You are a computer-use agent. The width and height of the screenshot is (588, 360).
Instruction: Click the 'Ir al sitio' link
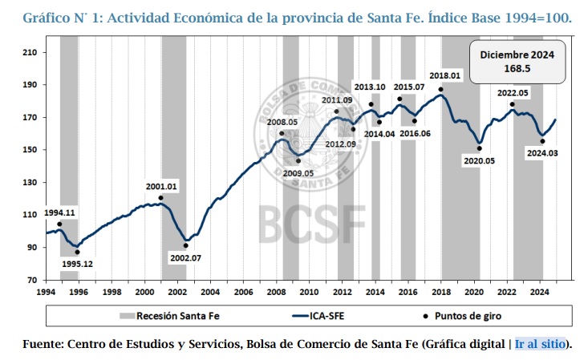[541, 345]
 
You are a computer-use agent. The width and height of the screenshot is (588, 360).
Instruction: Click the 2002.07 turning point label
[185, 257]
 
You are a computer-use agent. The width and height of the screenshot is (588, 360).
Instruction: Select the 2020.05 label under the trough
[480, 160]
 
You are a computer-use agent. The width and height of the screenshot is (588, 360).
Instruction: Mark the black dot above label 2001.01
[160, 198]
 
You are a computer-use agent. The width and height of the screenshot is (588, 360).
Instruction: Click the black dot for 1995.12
[77, 252]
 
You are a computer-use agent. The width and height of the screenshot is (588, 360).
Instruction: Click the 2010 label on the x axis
[310, 292]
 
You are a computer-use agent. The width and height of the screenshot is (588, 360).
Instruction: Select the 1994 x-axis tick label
[46, 292]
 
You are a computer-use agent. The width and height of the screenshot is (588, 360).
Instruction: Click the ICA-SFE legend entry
[327, 317]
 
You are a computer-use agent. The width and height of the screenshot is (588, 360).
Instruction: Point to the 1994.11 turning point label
[59, 212]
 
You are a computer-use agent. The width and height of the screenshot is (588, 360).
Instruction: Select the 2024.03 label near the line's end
[544, 152]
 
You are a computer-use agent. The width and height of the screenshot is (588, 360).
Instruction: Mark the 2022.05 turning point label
[513, 93]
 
